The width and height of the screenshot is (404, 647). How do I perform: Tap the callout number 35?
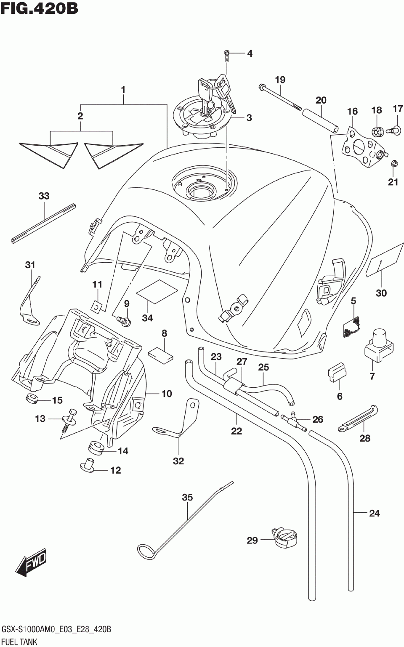coord(187,498)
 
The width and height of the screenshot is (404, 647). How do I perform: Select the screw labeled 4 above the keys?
coord(226,57)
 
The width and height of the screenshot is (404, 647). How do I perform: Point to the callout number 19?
coord(280,80)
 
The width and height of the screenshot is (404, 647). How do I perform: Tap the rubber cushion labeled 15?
coord(31,398)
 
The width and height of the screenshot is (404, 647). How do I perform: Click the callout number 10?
coord(167,394)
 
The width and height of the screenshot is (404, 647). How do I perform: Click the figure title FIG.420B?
coord(39,9)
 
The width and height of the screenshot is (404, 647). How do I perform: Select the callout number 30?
coord(381,293)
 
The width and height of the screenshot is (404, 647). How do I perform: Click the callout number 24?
coord(374,514)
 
